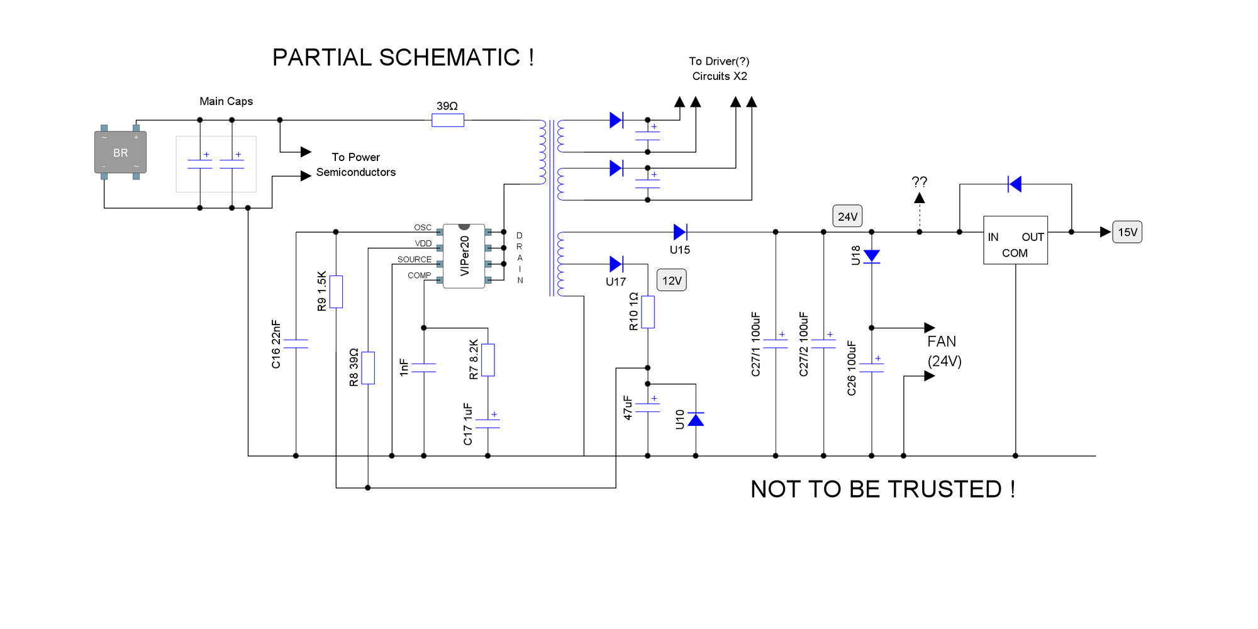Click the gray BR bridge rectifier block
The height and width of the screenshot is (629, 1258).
coord(120,152)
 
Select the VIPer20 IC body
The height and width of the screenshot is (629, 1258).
coord(464,256)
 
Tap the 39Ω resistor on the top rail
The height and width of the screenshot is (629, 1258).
coord(448,120)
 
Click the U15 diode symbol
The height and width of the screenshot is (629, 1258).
coord(680,232)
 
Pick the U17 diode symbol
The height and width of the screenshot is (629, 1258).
coord(616,264)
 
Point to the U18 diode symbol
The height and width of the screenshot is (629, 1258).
coord(871,256)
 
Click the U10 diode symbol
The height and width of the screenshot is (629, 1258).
coord(696,420)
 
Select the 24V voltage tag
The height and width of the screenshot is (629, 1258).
coord(847,216)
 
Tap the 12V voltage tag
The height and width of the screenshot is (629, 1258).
coord(671,281)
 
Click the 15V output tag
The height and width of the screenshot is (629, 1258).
coord(1127,232)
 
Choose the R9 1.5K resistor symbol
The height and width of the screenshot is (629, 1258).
coord(336,291)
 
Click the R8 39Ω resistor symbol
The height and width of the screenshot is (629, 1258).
coord(368,368)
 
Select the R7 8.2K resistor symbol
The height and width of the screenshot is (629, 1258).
coord(488,360)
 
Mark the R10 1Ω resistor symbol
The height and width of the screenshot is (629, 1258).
coord(648,312)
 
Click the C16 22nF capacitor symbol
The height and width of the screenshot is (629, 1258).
coord(296,343)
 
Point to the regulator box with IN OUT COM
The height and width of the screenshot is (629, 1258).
coord(1015,240)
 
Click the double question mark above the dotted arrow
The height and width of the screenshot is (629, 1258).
coord(919,182)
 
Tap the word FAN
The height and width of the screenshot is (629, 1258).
coord(942,342)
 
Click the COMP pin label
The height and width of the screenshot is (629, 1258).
coord(419,276)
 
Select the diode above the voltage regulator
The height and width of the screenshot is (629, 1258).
coord(1014,184)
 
